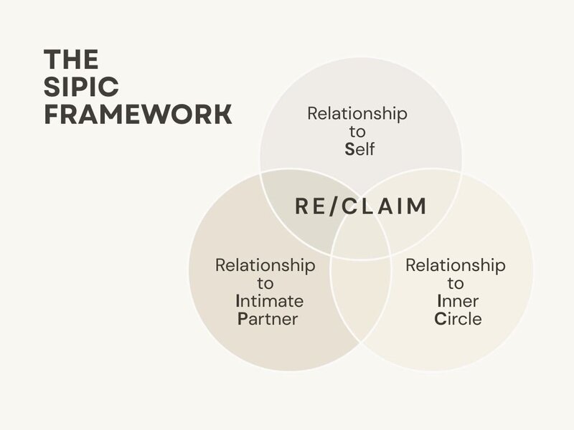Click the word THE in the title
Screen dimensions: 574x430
pyautogui.click(x=71, y=59)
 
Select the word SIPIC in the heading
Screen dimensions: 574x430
pyautogui.click(x=81, y=87)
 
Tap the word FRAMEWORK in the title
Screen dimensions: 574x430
pyautogui.click(x=138, y=114)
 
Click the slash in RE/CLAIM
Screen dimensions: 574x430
pyautogui.click(x=333, y=206)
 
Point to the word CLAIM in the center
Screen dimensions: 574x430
pyautogui.click(x=384, y=206)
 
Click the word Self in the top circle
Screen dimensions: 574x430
pyautogui.click(x=359, y=149)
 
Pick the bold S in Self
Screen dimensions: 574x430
pyautogui.click(x=349, y=149)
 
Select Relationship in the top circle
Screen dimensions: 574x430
pyautogui.click(x=357, y=113)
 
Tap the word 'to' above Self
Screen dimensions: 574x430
pyautogui.click(x=357, y=132)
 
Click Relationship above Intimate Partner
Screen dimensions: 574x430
pyautogui.click(x=265, y=265)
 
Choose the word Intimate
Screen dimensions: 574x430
pyautogui.click(x=270, y=301)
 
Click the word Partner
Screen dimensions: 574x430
pyautogui.click(x=268, y=319)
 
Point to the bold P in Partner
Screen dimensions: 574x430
pyautogui.click(x=243, y=319)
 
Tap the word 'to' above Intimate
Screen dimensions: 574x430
pyautogui.click(x=265, y=283)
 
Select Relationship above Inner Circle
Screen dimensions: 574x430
pyautogui.click(x=456, y=265)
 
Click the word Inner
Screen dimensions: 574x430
pyautogui.click(x=458, y=301)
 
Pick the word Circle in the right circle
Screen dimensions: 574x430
pyautogui.click(x=458, y=318)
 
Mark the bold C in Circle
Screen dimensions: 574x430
pyautogui.click(x=441, y=318)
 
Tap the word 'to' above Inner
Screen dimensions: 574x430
pyautogui.click(x=456, y=283)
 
